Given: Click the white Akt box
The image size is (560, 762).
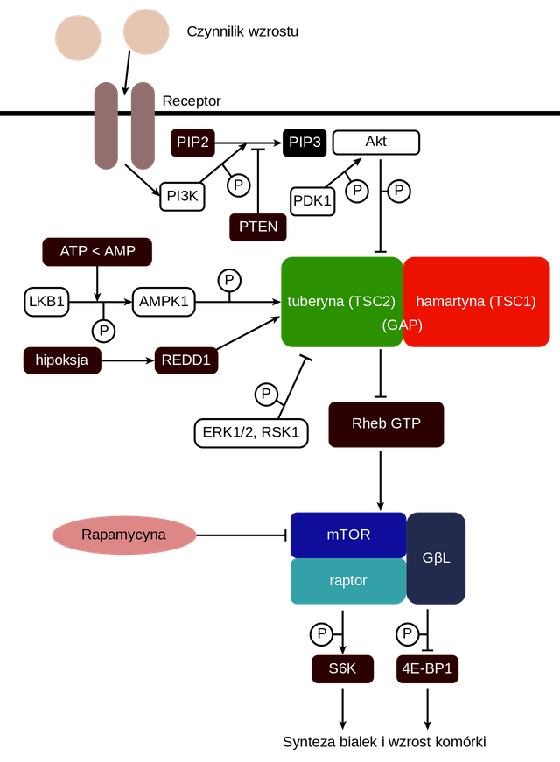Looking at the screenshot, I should [376, 142].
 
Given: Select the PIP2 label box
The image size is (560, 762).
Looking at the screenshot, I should [192, 142].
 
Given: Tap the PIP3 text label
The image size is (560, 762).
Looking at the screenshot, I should [304, 142].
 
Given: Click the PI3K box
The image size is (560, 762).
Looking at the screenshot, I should [182, 196].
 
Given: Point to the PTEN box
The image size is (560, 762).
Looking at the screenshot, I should [257, 227].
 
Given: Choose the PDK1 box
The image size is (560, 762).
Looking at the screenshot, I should [312, 201].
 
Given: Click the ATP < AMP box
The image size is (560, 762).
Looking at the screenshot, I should [98, 251].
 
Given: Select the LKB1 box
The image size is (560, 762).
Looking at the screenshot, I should [46, 302].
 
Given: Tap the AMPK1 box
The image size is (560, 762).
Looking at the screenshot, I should [164, 302].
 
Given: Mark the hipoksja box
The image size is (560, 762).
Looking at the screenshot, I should [61, 360].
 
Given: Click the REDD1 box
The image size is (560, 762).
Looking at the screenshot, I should [185, 360].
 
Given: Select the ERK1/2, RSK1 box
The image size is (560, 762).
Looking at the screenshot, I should [251, 431].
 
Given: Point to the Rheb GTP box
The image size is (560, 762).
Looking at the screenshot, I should [386, 423].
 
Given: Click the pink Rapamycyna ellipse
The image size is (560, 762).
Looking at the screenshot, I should [123, 535].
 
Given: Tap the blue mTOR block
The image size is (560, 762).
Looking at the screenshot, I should [348, 534].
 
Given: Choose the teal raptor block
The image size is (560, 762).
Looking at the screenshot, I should [348, 581].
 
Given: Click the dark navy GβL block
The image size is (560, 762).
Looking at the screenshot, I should [436, 557].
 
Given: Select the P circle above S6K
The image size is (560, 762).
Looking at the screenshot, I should [321, 633].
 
